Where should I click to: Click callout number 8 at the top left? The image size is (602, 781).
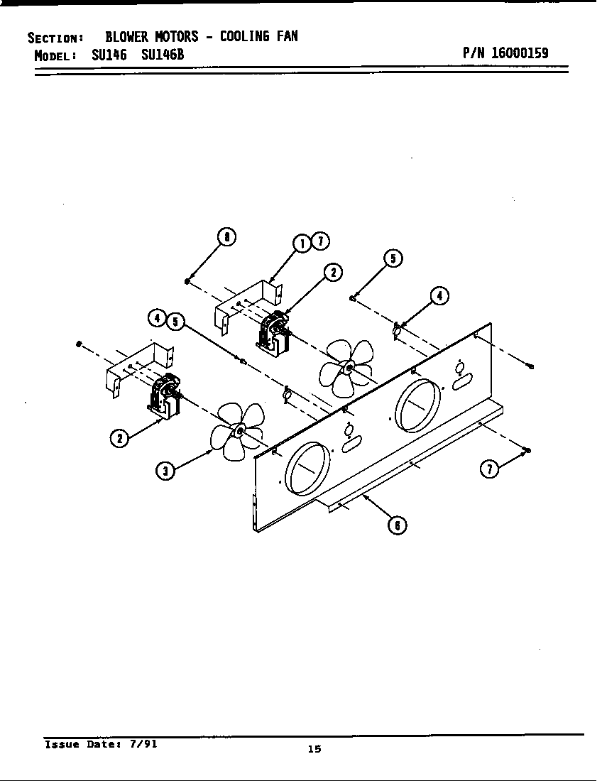tap(226, 238)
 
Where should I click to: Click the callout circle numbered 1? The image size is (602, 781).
tap(302, 244)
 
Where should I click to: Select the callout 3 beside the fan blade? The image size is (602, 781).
tap(165, 471)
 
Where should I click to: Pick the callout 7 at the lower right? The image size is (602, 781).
tap(490, 469)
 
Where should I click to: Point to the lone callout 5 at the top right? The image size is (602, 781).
tap(393, 258)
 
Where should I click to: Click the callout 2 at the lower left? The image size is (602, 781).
tap(119, 438)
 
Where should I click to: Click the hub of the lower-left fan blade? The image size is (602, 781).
tap(239, 431)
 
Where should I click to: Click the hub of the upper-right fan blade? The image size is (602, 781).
tap(348, 366)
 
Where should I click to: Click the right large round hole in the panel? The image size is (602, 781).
tap(417, 405)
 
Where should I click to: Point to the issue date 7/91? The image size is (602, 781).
tap(143, 745)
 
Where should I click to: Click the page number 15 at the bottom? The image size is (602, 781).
tap(314, 748)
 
